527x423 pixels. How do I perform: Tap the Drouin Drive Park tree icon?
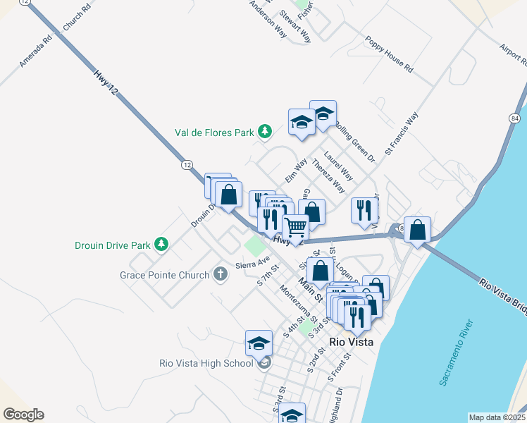(162, 245)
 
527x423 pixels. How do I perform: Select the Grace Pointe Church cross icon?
(221, 274)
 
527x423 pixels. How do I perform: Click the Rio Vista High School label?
(206, 364)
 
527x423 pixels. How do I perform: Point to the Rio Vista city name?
(351, 343)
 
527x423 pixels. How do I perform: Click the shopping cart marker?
(296, 228)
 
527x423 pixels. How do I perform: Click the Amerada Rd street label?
(36, 51)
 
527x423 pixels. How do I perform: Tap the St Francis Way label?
(402, 133)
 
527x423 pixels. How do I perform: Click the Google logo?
(23, 415)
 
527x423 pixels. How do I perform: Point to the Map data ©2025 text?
(496, 417)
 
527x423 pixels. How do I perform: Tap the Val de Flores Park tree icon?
(265, 131)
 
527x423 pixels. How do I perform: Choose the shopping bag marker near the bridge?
(418, 230)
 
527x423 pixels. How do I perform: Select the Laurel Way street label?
(338, 166)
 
